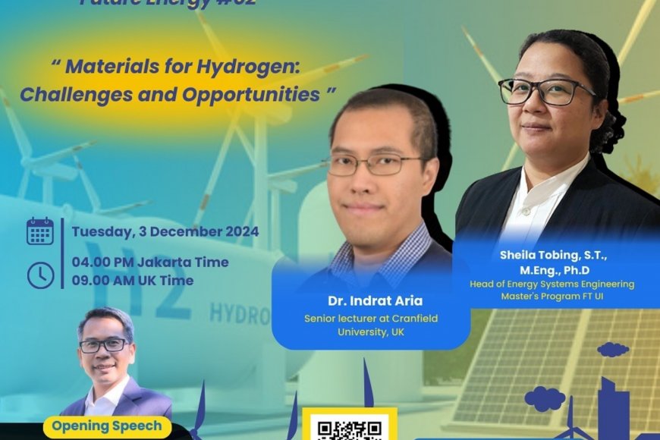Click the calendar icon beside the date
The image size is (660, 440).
[40, 231]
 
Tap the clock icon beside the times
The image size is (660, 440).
[40, 275]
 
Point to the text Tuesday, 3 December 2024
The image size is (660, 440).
[165, 231]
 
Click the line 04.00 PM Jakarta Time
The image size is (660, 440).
[150, 262]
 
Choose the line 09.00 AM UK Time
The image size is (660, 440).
[133, 280]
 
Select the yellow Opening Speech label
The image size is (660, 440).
[107, 426]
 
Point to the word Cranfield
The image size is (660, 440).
[413, 319]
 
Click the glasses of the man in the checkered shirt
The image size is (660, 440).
[372, 164]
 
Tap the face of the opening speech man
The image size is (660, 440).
[106, 348]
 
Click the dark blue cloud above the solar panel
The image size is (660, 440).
[613, 350]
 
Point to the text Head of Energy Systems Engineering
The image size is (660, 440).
[558, 284]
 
